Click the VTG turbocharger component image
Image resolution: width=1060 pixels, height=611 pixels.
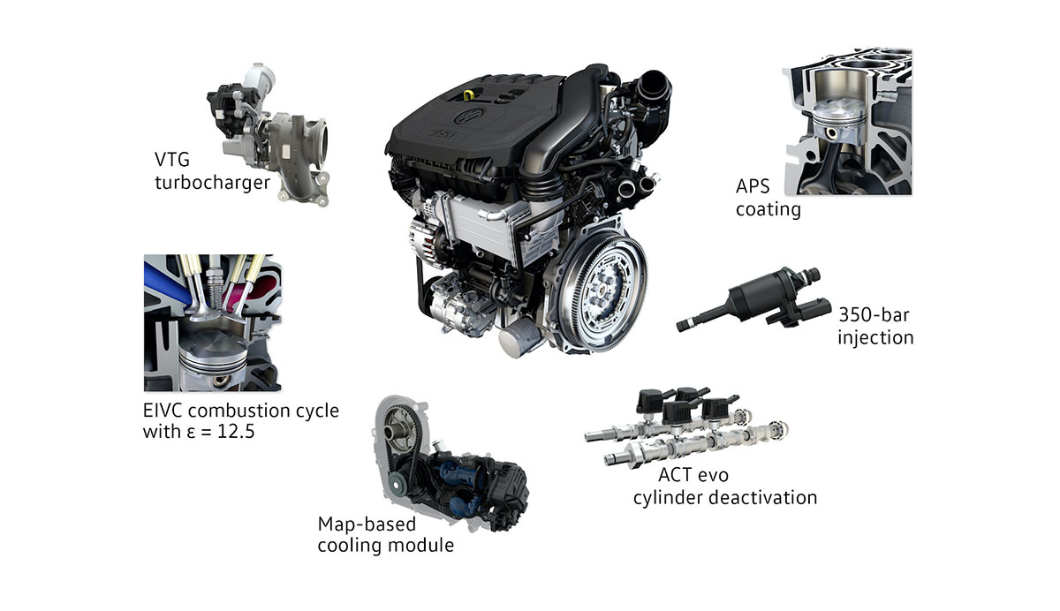click(x=269, y=135)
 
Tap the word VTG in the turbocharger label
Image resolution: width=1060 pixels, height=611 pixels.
click(x=172, y=160)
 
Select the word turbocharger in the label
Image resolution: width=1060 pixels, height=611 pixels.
click(x=213, y=183)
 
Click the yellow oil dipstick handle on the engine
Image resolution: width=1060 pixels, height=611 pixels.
click(x=468, y=95)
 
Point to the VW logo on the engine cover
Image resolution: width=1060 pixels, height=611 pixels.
click(x=469, y=116)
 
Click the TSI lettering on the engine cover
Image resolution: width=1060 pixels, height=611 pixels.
click(x=443, y=134)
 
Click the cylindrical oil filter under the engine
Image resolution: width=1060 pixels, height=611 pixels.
click(x=519, y=336)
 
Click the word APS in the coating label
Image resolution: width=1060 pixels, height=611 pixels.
click(x=753, y=187)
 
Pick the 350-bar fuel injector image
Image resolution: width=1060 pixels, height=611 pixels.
click(x=753, y=298)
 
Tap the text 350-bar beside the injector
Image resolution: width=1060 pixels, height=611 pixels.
click(x=874, y=315)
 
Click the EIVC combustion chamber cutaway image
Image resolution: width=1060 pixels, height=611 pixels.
click(x=213, y=323)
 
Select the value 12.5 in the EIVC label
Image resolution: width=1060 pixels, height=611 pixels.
click(x=236, y=432)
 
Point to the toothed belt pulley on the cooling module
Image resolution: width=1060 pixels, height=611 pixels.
click(x=401, y=430)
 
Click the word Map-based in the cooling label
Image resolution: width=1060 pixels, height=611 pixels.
click(x=367, y=524)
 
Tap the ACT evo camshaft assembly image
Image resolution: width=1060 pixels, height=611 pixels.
click(x=686, y=427)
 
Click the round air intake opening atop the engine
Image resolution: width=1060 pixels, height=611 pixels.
click(x=654, y=87)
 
